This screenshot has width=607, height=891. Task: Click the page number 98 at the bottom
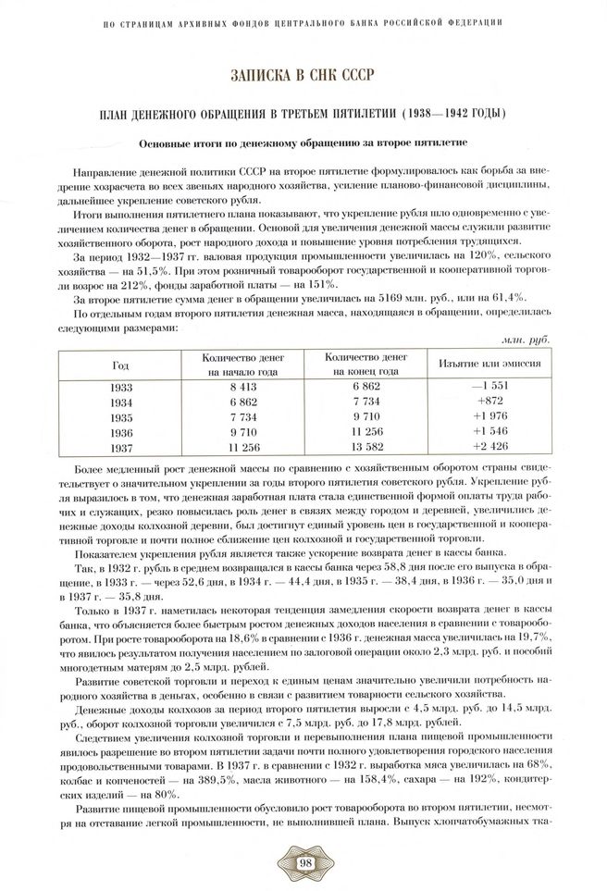pos(303,864)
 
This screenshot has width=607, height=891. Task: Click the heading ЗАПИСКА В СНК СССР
pos(303,73)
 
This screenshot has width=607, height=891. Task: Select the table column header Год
pos(120,365)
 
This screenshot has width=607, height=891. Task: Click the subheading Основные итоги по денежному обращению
pos(303,143)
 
